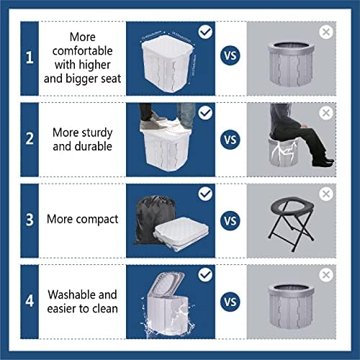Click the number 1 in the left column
29,58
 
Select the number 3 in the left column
29,219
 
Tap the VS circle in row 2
230,139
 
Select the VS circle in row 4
230,301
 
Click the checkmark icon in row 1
205,32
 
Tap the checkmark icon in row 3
205,194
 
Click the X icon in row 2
326,113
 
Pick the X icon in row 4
326,276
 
